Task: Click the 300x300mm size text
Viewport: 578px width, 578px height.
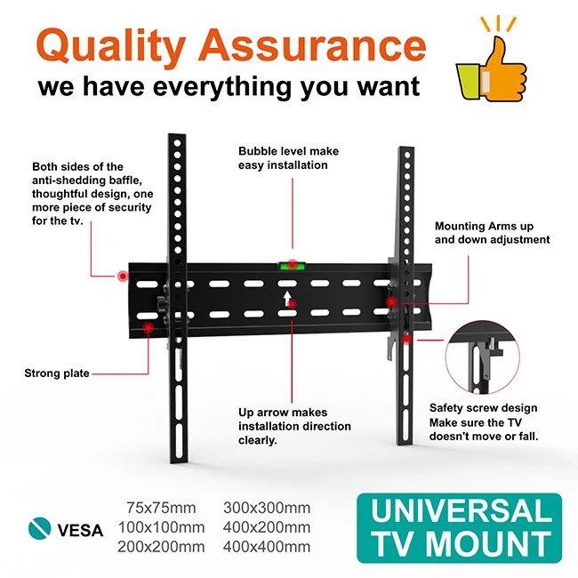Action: coord(266,509)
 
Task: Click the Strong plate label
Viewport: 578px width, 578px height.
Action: coord(57,373)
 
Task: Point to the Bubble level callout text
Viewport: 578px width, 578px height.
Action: coord(288,158)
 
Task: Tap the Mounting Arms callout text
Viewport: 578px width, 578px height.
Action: coord(492,233)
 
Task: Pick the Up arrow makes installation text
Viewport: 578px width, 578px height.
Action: coord(283,426)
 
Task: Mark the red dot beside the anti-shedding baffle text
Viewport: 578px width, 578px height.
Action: coord(122,277)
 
